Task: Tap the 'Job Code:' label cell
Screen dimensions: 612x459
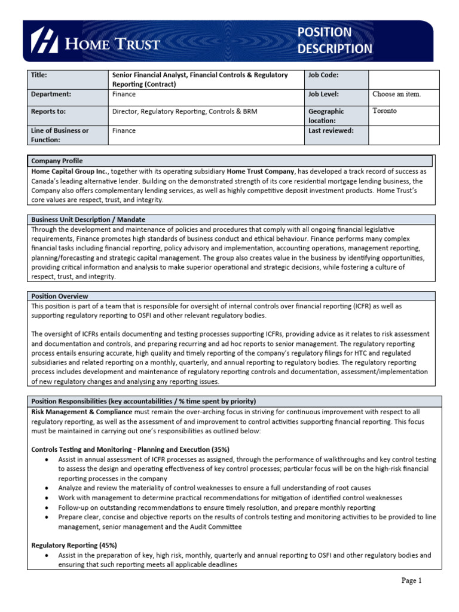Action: click(323, 75)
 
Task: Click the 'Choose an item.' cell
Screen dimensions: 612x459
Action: click(396, 94)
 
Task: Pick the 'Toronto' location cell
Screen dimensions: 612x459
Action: click(384, 111)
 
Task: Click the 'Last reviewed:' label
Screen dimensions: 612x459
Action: click(331, 130)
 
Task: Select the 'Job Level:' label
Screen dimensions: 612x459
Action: click(323, 94)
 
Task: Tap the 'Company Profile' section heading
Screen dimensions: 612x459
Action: click(57, 161)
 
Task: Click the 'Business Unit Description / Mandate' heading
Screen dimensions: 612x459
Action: click(88, 219)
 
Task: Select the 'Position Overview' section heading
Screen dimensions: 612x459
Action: click(60, 296)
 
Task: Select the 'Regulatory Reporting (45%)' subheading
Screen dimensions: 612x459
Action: click(74, 545)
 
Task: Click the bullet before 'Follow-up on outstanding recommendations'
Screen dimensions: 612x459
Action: click(47, 507)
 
